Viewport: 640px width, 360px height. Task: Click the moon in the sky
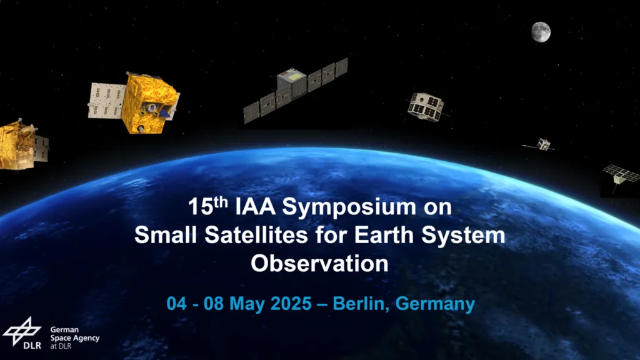pyautogui.click(x=541, y=32)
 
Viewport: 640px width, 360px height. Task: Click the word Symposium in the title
pyautogui.click(x=349, y=207)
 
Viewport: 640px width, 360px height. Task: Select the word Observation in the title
pyautogui.click(x=319, y=264)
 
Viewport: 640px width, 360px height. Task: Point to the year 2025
pyautogui.click(x=291, y=304)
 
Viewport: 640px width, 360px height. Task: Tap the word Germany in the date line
pyautogui.click(x=435, y=304)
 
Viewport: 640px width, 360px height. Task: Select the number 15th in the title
pyautogui.click(x=207, y=206)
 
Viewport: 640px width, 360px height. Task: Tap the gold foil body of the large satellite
pyautogui.click(x=149, y=103)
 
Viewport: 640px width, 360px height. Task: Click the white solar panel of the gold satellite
pyautogui.click(x=106, y=101)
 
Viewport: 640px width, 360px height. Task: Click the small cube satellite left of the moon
pyautogui.click(x=426, y=106)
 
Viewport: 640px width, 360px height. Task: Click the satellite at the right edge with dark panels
pyautogui.click(x=621, y=176)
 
